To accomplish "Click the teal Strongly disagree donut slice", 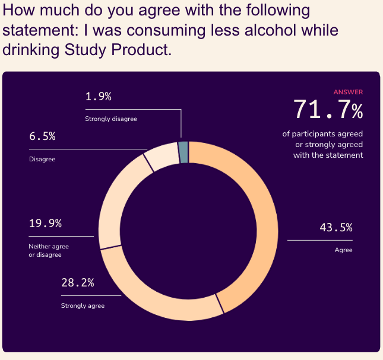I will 183,152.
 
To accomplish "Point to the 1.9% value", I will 98,97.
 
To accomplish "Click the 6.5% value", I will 42,136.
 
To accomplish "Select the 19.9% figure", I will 45,224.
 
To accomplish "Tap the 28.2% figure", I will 78,282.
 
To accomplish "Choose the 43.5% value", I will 336,227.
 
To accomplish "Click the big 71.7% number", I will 328,110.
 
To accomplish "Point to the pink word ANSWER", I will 348,92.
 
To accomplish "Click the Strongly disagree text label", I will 111,119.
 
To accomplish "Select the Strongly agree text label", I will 83,305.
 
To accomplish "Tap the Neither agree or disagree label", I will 49,250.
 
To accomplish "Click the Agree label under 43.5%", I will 343,250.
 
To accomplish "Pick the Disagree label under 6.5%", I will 42,159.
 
